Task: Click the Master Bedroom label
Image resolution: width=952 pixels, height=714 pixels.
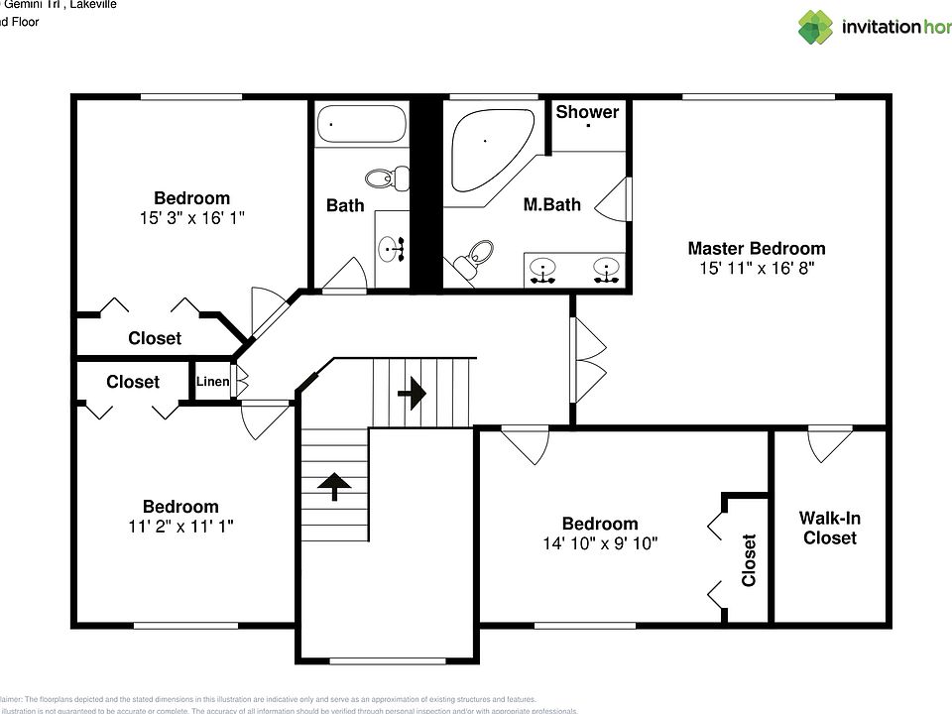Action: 756,249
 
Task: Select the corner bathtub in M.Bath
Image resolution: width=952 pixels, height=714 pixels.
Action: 483,149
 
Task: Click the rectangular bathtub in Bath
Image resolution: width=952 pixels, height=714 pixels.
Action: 361,125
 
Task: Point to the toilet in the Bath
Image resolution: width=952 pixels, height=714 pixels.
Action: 388,178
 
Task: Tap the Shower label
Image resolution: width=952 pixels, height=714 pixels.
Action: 587,112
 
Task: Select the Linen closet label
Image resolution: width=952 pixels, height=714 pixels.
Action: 212,382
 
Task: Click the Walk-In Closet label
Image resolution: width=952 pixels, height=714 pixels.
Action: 829,528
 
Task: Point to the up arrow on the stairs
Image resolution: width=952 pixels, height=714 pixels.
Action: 334,486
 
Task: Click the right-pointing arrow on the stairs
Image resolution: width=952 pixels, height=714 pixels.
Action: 412,394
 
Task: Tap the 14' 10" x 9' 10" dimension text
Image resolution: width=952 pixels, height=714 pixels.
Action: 600,543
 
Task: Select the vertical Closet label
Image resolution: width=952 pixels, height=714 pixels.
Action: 749,560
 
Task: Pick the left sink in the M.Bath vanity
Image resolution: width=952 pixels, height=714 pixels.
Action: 542,269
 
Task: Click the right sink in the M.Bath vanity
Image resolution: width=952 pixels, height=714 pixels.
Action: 607,269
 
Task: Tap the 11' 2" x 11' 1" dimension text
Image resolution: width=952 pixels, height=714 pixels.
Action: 180,527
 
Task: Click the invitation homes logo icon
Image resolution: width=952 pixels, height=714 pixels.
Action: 816,27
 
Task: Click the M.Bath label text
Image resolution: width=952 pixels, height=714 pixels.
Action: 551,205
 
